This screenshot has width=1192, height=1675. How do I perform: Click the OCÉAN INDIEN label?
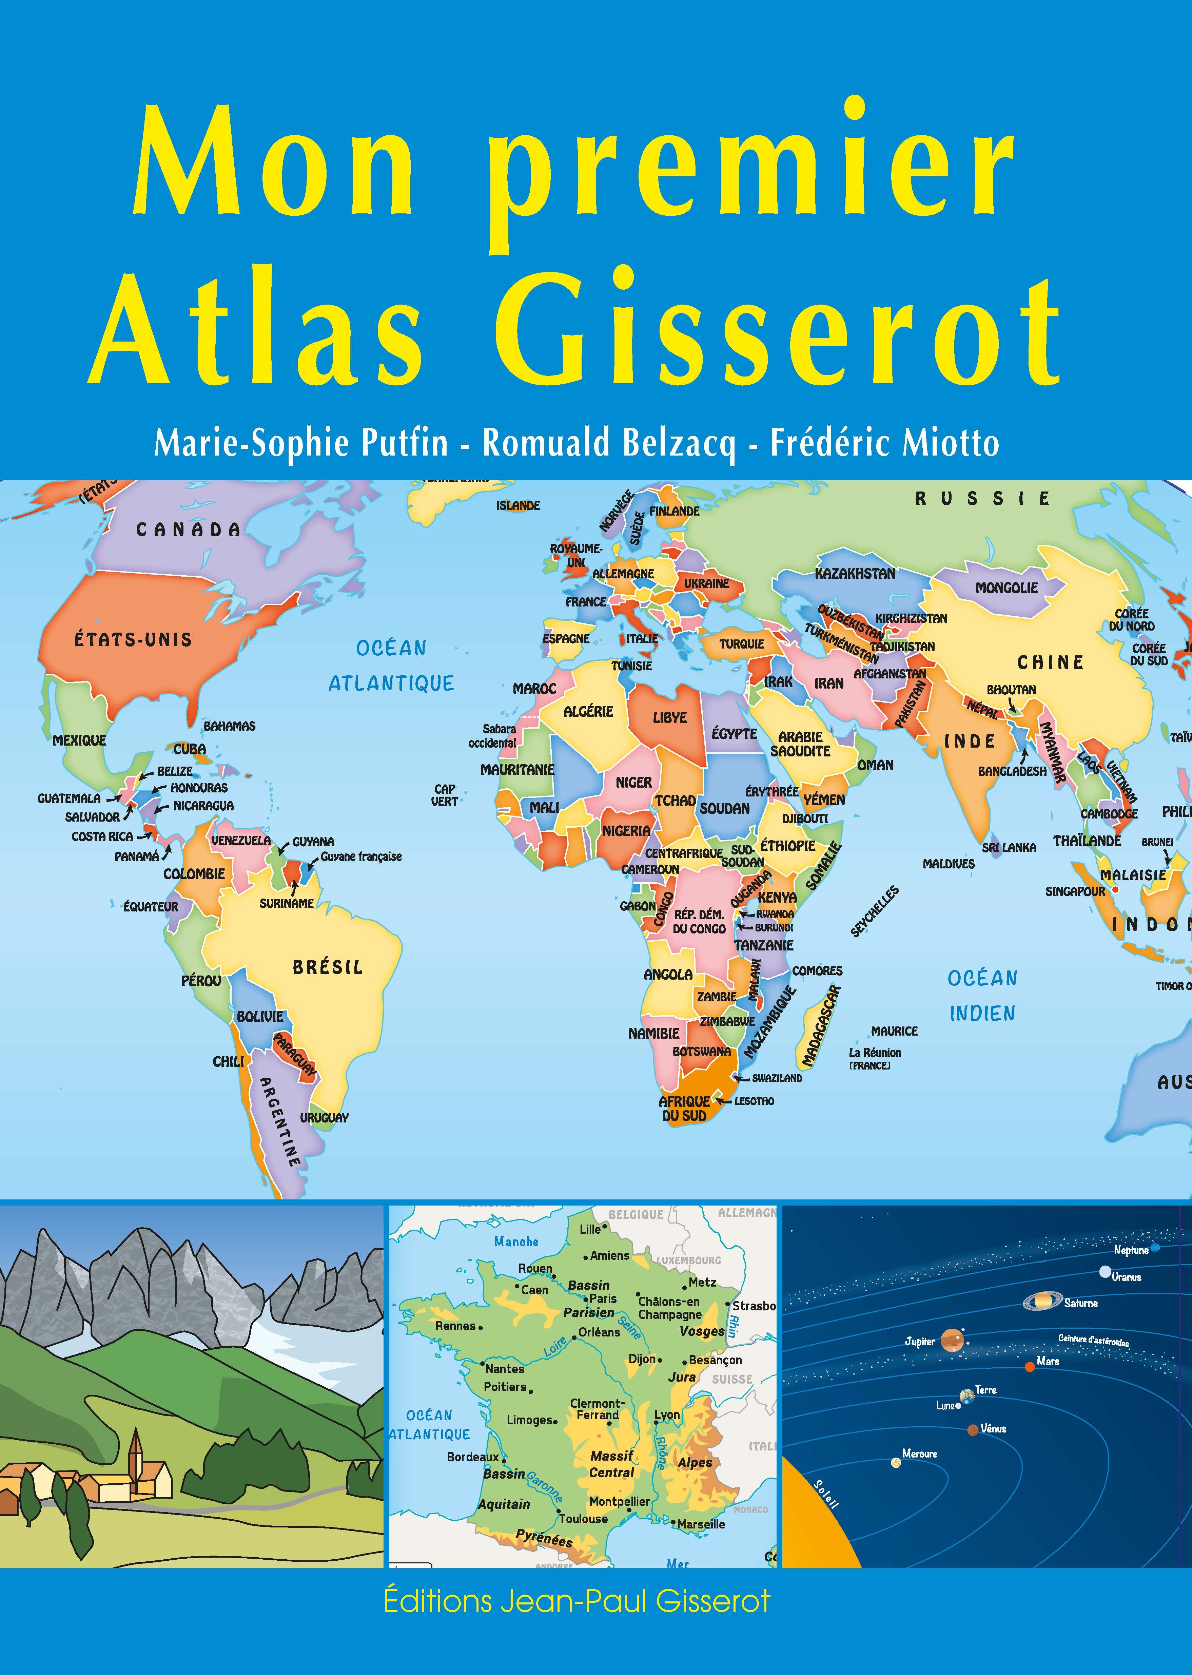(982, 995)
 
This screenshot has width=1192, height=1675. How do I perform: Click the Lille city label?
(589, 1229)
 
